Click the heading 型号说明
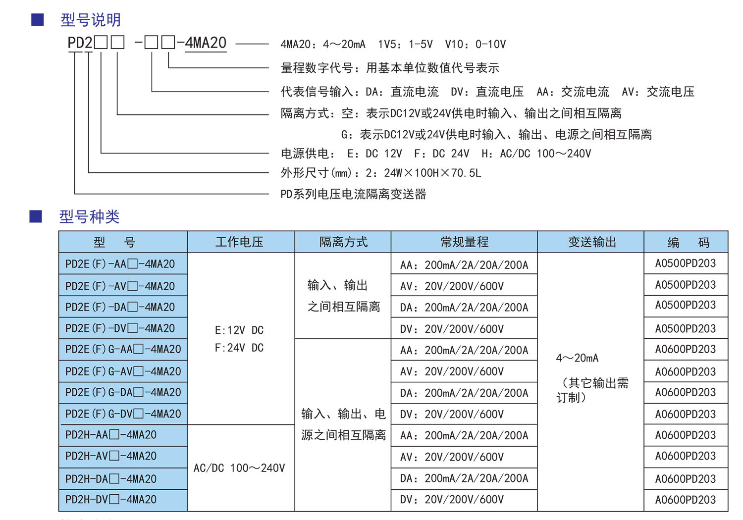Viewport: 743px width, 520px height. click(91, 20)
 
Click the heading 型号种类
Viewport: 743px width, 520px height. click(89, 217)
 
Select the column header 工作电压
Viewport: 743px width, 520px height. click(239, 242)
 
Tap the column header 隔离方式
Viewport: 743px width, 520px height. click(343, 242)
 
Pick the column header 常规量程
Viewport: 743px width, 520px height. click(465, 242)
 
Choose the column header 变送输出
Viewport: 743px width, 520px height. click(592, 242)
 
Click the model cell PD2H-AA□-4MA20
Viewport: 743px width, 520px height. click(111, 435)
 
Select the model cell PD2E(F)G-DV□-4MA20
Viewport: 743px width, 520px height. click(123, 414)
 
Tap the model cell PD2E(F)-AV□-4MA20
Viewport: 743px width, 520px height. click(120, 286)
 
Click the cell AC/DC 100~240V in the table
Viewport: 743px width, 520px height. click(239, 468)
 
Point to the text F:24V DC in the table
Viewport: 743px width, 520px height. click(239, 348)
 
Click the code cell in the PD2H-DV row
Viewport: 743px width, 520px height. click(685, 499)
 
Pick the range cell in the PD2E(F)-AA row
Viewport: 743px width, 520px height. click(464, 265)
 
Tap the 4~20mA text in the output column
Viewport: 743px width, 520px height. click(577, 358)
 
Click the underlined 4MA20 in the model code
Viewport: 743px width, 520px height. click(206, 43)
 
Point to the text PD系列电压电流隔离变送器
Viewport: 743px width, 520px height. click(353, 194)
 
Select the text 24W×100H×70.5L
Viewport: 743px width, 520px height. click(432, 173)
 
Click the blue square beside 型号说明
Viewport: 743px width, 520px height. click(38, 20)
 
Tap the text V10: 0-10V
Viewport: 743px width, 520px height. click(476, 44)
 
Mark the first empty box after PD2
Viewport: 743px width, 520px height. click(101, 43)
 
